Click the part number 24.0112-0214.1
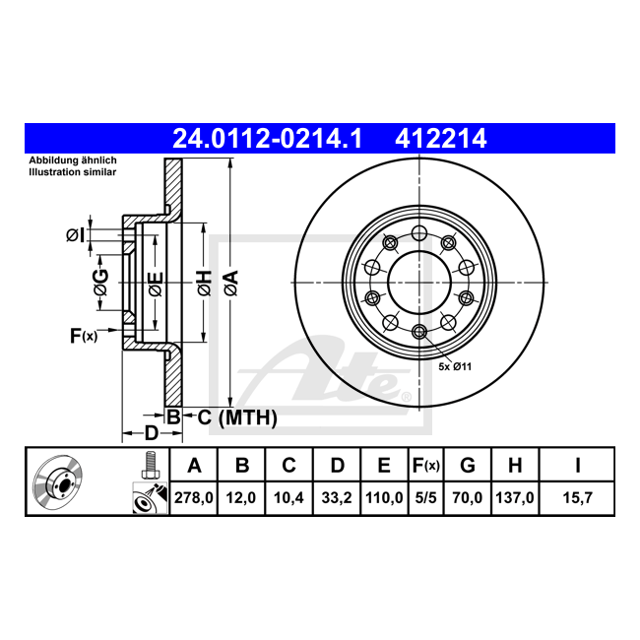(268, 139)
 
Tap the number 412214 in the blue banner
(441, 139)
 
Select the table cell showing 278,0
(193, 498)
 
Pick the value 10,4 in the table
(288, 498)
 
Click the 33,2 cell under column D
(337, 498)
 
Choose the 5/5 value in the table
(425, 498)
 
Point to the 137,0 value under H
(515, 498)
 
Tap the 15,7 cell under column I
(577, 498)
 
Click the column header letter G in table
(468, 466)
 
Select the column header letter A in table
(194, 466)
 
